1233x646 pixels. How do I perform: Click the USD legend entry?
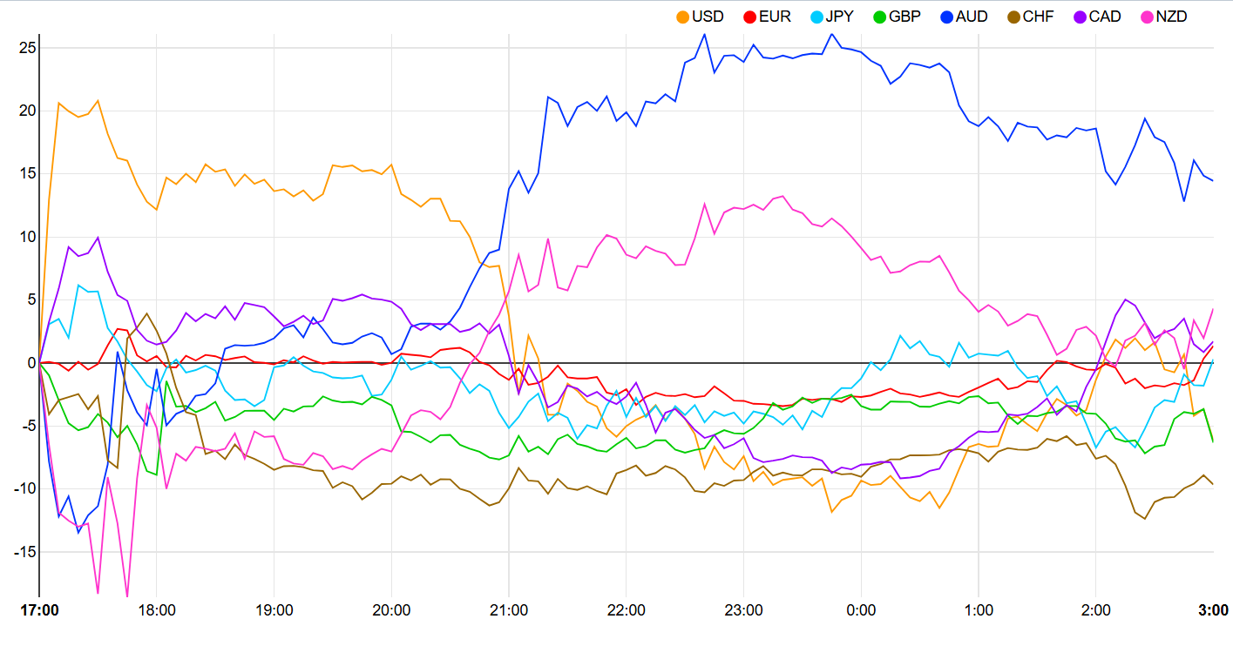(x=700, y=17)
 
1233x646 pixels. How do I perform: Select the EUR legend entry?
(x=767, y=17)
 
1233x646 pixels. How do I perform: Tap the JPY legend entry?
(x=834, y=17)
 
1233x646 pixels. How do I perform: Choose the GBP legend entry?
(x=901, y=17)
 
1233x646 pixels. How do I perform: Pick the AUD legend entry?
(x=969, y=17)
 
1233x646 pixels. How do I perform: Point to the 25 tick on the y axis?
(x=27, y=48)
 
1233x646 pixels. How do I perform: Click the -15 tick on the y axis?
(x=24, y=552)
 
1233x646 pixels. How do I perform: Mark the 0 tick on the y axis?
(x=30, y=363)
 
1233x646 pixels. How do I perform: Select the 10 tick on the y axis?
(x=27, y=237)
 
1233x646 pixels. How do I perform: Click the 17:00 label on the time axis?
(x=40, y=610)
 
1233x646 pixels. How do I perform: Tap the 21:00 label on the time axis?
(x=509, y=610)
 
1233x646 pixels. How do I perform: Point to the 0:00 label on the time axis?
(x=861, y=610)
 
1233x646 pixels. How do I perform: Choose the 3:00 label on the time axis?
(x=1213, y=610)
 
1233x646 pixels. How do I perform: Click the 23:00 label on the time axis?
(x=743, y=610)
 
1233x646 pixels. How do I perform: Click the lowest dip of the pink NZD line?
(x=127, y=597)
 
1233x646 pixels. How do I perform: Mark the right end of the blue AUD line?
(x=1213, y=180)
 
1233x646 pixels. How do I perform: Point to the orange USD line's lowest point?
(x=832, y=512)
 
